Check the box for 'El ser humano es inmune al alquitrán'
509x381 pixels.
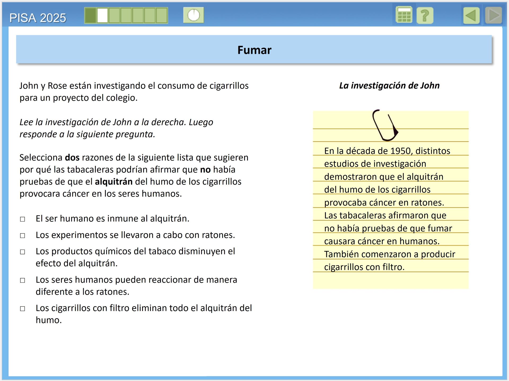(x=23, y=219)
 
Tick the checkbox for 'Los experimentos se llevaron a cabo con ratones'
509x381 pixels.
(x=23, y=236)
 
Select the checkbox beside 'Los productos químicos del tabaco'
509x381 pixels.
(x=23, y=252)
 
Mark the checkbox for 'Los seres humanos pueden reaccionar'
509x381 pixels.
(x=23, y=280)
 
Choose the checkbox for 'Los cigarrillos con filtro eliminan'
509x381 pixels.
(x=23, y=309)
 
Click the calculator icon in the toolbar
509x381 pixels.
(x=404, y=15)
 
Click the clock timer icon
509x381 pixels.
(x=194, y=15)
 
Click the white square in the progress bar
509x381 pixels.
(x=102, y=15)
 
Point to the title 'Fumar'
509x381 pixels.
(x=254, y=50)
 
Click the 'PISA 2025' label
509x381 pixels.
(x=38, y=18)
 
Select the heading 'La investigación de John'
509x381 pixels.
(x=389, y=86)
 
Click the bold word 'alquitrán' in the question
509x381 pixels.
(x=113, y=182)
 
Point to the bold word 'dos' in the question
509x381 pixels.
(x=72, y=158)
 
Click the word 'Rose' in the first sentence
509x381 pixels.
(x=57, y=86)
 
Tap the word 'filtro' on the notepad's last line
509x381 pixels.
(x=393, y=267)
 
